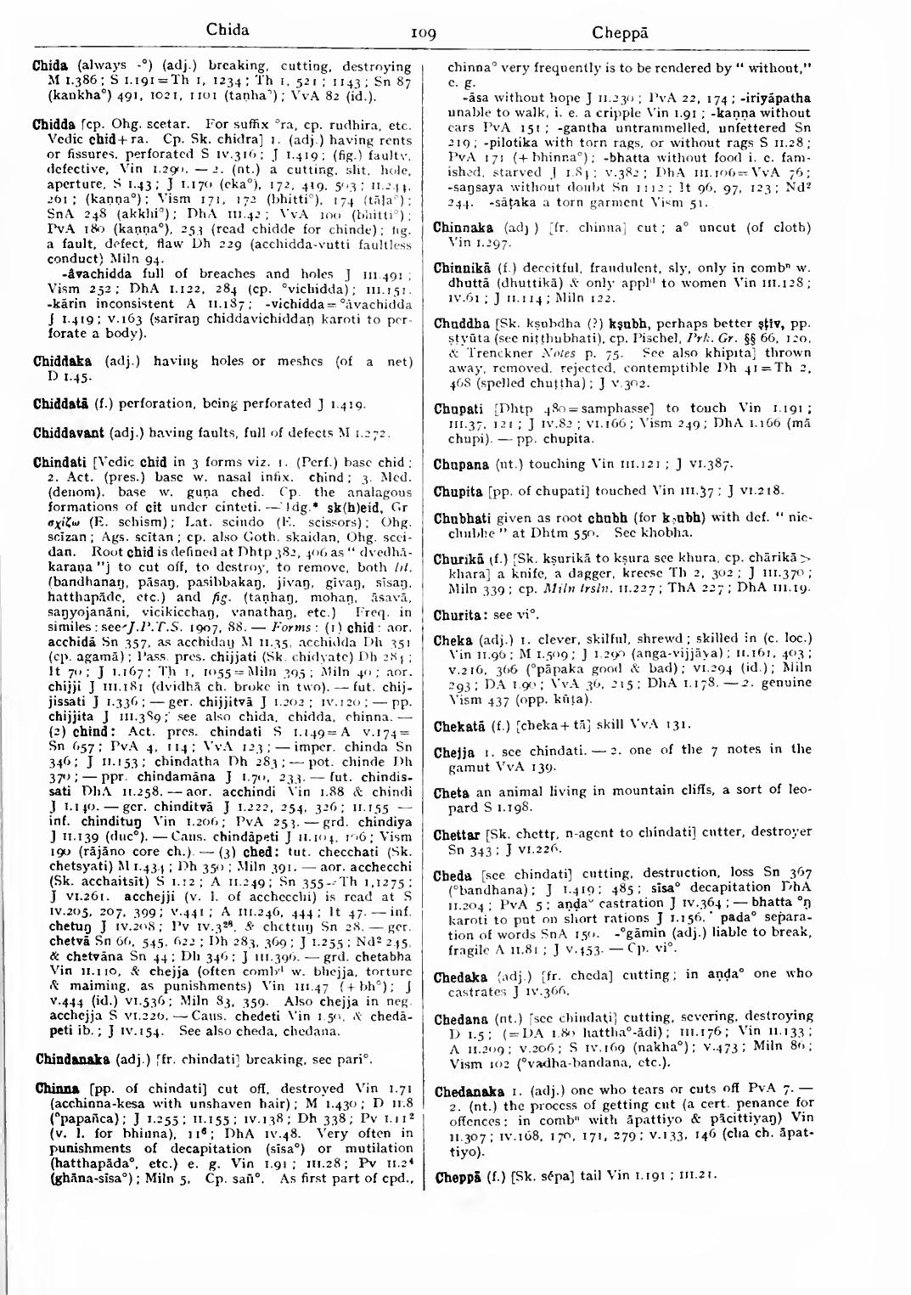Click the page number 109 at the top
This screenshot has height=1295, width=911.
click(x=423, y=34)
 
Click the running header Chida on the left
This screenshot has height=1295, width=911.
click(x=228, y=31)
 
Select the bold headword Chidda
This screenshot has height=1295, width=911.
click(x=53, y=125)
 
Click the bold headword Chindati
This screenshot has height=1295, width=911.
click(x=59, y=463)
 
